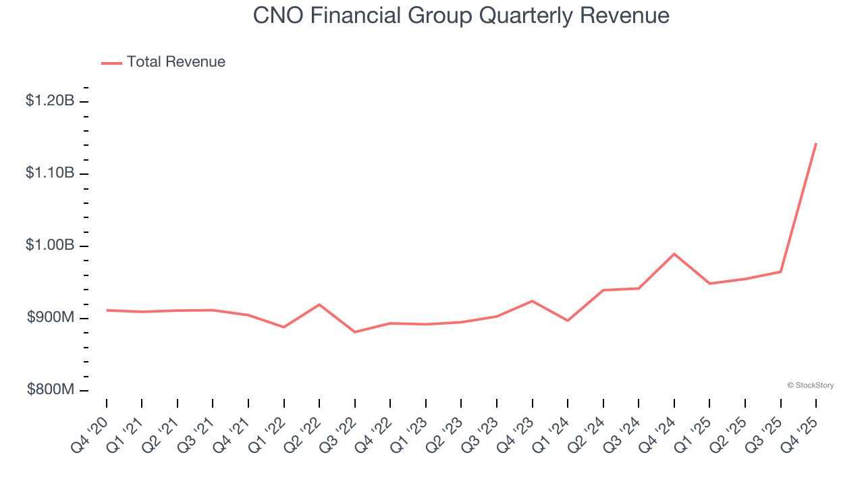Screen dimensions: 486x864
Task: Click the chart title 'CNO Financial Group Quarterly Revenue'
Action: (461, 16)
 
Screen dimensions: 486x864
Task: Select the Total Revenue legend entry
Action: (163, 62)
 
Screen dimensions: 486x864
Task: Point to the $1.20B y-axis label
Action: (50, 101)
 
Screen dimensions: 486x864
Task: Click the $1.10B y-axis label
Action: (50, 173)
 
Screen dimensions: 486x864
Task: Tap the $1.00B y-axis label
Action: (50, 246)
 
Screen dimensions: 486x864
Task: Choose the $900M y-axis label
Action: (51, 318)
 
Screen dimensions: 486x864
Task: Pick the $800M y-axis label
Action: (51, 390)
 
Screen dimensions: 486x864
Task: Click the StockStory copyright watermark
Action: (810, 385)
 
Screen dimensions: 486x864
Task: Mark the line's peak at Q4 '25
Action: (816, 144)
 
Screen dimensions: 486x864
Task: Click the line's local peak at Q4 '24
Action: (674, 254)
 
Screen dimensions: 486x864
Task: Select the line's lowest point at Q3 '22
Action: (355, 332)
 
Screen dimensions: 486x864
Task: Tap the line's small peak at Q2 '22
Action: (319, 304)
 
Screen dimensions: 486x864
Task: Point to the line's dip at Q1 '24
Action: (568, 321)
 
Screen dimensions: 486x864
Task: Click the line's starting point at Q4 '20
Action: (107, 310)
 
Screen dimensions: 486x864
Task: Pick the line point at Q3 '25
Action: (781, 272)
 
